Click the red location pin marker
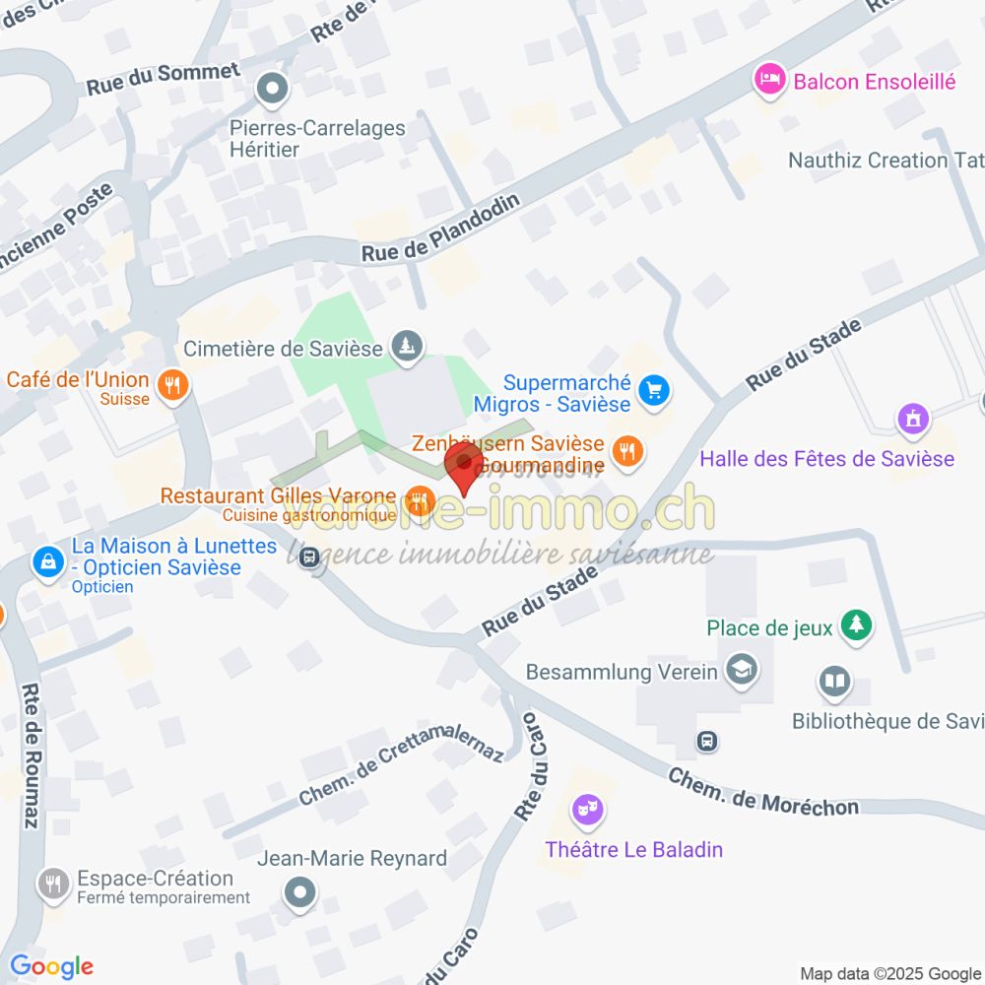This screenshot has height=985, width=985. pyautogui.click(x=464, y=468)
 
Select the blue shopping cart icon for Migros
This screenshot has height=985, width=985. pyautogui.click(x=652, y=391)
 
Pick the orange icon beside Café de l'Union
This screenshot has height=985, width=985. pyautogui.click(x=173, y=385)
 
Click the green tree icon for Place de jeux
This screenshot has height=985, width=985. pyautogui.click(x=858, y=626)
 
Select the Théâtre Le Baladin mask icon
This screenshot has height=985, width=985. pyautogui.click(x=589, y=811)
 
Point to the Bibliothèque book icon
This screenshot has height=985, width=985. pyautogui.click(x=834, y=681)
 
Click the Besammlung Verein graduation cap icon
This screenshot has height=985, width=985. pyautogui.click(x=737, y=671)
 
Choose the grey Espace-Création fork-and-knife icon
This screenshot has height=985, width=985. pyautogui.click(x=52, y=884)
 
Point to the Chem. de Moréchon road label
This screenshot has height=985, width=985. pyautogui.click(x=762, y=792)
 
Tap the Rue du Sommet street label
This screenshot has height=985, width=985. pyautogui.click(x=163, y=78)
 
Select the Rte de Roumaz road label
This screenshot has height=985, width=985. pyautogui.click(x=31, y=755)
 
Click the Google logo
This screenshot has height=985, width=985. pyautogui.click(x=51, y=966)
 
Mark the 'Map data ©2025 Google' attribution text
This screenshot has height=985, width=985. pyautogui.click(x=890, y=973)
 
